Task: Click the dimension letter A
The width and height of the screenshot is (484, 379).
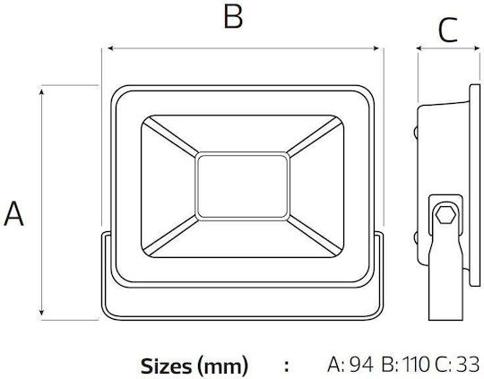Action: tap(13, 213)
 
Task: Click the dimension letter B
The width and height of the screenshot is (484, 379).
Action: tap(233, 16)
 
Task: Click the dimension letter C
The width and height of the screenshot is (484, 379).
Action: tap(447, 30)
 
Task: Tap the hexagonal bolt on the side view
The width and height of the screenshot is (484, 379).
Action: tap(446, 214)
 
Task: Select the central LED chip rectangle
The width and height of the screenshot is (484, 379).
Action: tap(242, 186)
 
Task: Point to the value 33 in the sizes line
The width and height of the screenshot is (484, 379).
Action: tap(468, 365)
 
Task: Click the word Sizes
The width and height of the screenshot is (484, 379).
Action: tap(166, 366)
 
